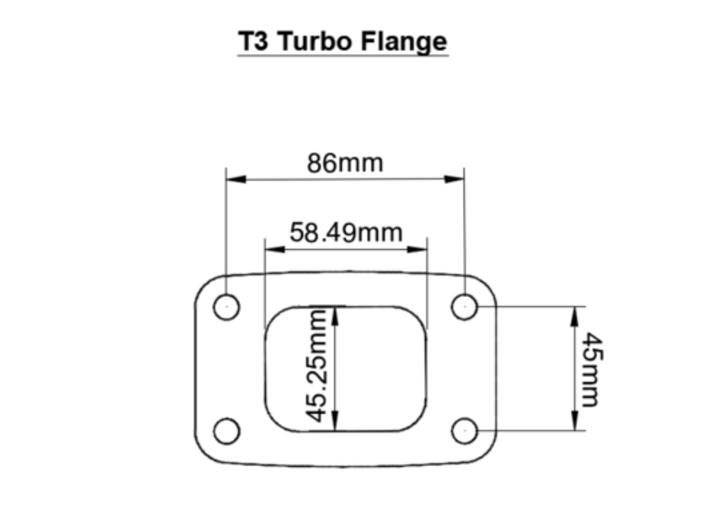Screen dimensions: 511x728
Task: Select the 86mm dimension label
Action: [x=345, y=162]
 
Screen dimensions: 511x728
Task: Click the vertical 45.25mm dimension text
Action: [x=321, y=363]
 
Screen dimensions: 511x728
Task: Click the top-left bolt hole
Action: [x=226, y=307]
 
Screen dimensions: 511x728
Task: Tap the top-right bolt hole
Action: [x=464, y=307]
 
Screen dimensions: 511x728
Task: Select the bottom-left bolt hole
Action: [x=226, y=431]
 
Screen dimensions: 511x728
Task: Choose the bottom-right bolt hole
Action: [x=464, y=431]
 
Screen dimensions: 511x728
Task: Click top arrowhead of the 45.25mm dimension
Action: [x=337, y=315]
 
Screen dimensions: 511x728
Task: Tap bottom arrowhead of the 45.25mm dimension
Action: [x=337, y=423]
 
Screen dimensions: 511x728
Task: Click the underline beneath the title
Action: [x=342, y=56]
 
